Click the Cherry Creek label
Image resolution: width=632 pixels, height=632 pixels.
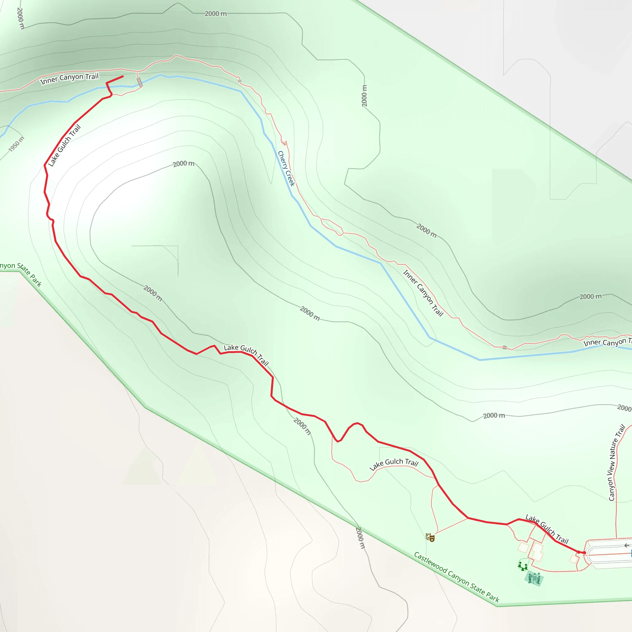[286, 168]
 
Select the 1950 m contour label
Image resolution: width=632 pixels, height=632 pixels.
[16, 144]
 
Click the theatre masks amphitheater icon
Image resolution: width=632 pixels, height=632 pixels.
[430, 537]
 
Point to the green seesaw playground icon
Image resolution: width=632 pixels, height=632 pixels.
[522, 565]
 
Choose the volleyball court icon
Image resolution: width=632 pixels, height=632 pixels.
[534, 578]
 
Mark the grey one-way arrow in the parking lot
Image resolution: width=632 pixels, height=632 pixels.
[626, 545]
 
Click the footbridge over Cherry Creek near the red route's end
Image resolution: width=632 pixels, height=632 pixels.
[140, 82]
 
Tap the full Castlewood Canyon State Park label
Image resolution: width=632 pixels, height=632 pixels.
[456, 577]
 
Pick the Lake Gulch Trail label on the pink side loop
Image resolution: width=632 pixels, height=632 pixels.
[394, 464]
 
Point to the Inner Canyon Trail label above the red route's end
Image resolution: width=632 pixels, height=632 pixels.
[69, 78]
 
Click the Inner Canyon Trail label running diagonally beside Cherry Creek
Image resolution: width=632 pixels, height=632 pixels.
[423, 293]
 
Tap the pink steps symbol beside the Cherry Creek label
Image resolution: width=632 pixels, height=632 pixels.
[284, 143]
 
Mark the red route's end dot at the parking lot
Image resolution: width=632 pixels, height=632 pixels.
[584, 552]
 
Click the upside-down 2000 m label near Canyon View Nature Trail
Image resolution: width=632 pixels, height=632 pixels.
[625, 408]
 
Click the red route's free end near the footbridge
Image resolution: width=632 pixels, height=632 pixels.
[123, 77]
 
